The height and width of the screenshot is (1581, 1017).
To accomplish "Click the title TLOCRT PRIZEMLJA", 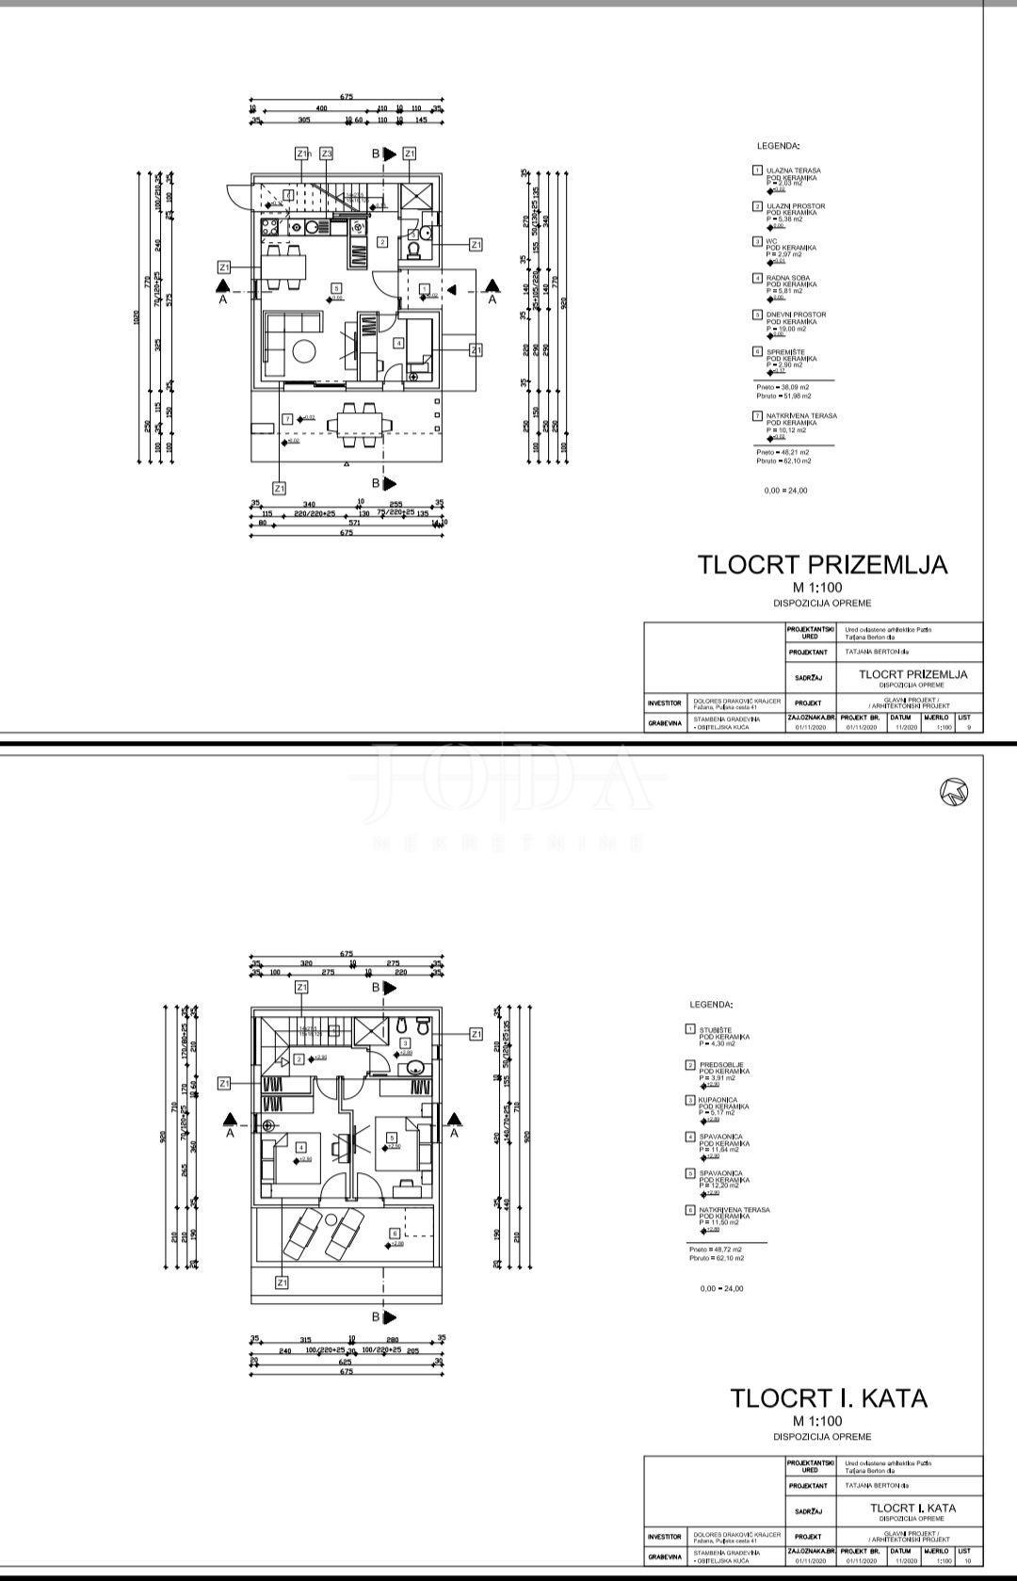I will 821,564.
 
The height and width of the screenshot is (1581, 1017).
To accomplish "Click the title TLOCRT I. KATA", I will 829,1398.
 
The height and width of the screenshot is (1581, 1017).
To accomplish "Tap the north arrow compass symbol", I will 954,793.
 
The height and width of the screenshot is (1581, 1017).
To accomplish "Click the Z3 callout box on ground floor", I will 326,153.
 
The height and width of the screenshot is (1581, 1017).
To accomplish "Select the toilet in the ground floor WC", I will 412,249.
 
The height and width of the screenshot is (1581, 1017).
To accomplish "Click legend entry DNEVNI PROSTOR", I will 795,315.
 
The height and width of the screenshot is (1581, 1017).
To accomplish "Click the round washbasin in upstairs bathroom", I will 415,1066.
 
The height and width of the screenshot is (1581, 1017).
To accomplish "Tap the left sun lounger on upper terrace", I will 303,1234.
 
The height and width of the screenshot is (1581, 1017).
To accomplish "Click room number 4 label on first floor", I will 300,1147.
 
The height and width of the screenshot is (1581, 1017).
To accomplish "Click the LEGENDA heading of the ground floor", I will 778,147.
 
